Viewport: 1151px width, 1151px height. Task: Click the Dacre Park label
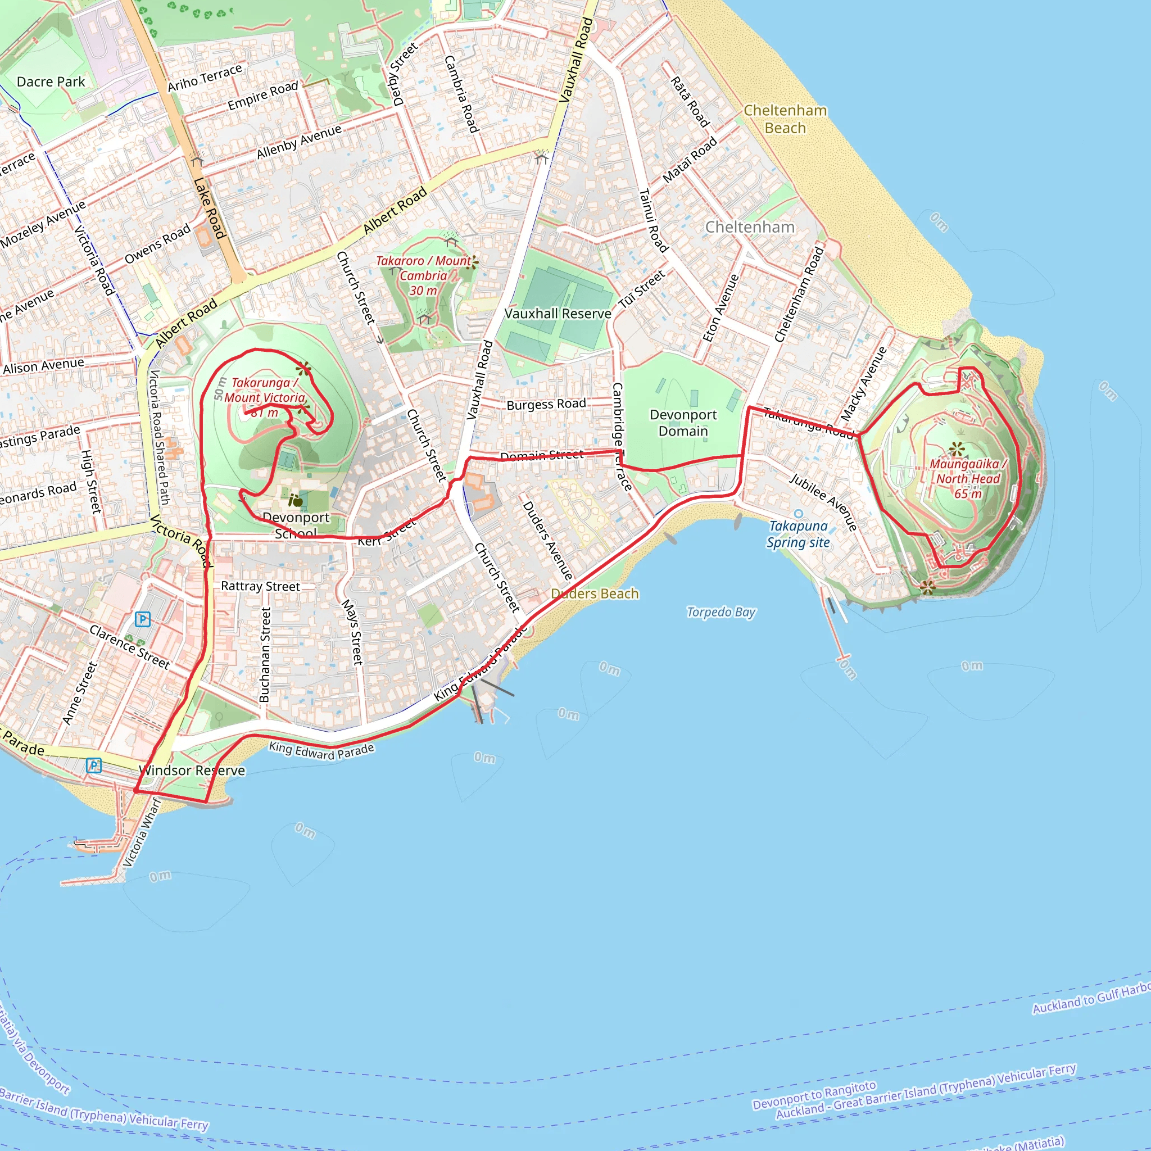click(x=51, y=81)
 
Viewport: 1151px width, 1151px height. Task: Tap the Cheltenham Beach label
click(x=785, y=119)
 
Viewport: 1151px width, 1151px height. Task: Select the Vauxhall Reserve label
click(x=558, y=314)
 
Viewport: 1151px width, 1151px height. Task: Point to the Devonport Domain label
click(x=683, y=423)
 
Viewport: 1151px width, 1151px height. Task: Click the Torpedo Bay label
click(x=721, y=612)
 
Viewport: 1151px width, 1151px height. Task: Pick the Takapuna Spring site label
click(x=797, y=534)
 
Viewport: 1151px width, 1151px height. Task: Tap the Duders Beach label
click(x=595, y=593)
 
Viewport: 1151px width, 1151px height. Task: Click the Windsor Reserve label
click(x=192, y=771)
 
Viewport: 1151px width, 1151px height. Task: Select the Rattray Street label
click(x=260, y=586)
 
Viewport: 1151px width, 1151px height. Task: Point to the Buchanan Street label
click(x=265, y=654)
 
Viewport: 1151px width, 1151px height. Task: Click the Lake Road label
click(x=210, y=208)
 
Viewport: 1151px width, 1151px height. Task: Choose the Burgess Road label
click(x=546, y=404)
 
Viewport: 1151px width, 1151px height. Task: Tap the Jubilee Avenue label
click(x=823, y=502)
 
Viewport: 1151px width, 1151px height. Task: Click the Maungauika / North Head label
click(x=968, y=478)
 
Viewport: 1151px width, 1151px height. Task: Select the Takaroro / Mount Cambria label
click(x=424, y=275)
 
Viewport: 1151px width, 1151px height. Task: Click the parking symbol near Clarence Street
click(x=142, y=619)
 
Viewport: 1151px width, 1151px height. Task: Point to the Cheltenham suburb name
click(x=750, y=227)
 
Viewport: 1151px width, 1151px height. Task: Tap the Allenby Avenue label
click(x=299, y=142)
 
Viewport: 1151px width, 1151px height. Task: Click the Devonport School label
click(x=296, y=525)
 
